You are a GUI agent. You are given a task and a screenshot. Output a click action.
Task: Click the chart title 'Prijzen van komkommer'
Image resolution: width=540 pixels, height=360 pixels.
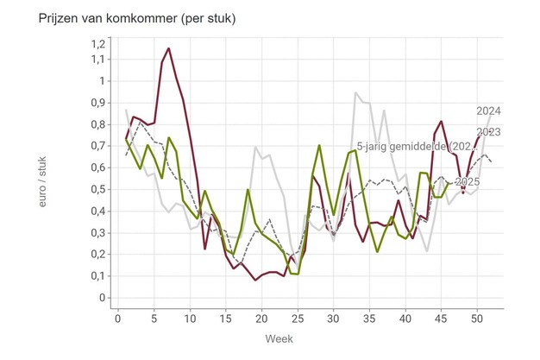pos(125,18)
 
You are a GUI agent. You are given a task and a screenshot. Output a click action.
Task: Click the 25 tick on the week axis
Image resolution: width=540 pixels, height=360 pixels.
pos(297,319)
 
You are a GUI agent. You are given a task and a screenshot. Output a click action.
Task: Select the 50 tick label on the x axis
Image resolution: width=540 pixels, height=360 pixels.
pos(476,319)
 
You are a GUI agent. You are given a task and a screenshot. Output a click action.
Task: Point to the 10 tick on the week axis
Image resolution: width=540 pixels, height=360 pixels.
pos(190,319)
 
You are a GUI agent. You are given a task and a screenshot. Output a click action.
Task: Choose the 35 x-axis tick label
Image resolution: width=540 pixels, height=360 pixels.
pos(368,319)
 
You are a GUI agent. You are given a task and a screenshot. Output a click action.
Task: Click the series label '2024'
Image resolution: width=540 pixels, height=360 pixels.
pos(489,111)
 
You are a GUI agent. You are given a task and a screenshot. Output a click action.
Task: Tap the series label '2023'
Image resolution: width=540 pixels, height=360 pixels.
pos(489,132)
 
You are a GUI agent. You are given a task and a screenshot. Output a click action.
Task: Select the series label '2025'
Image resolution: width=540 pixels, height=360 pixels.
pos(467,182)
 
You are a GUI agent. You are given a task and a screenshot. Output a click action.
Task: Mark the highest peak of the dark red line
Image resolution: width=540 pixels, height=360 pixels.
pos(168,48)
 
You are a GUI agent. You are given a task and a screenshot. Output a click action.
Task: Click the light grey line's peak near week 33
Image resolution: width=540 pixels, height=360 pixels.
pos(355,92)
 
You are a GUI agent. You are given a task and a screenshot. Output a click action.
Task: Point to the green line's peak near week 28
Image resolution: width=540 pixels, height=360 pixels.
pos(319,146)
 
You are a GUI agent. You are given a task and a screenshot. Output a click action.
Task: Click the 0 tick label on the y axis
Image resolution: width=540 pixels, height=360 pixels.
pos(102,298)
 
